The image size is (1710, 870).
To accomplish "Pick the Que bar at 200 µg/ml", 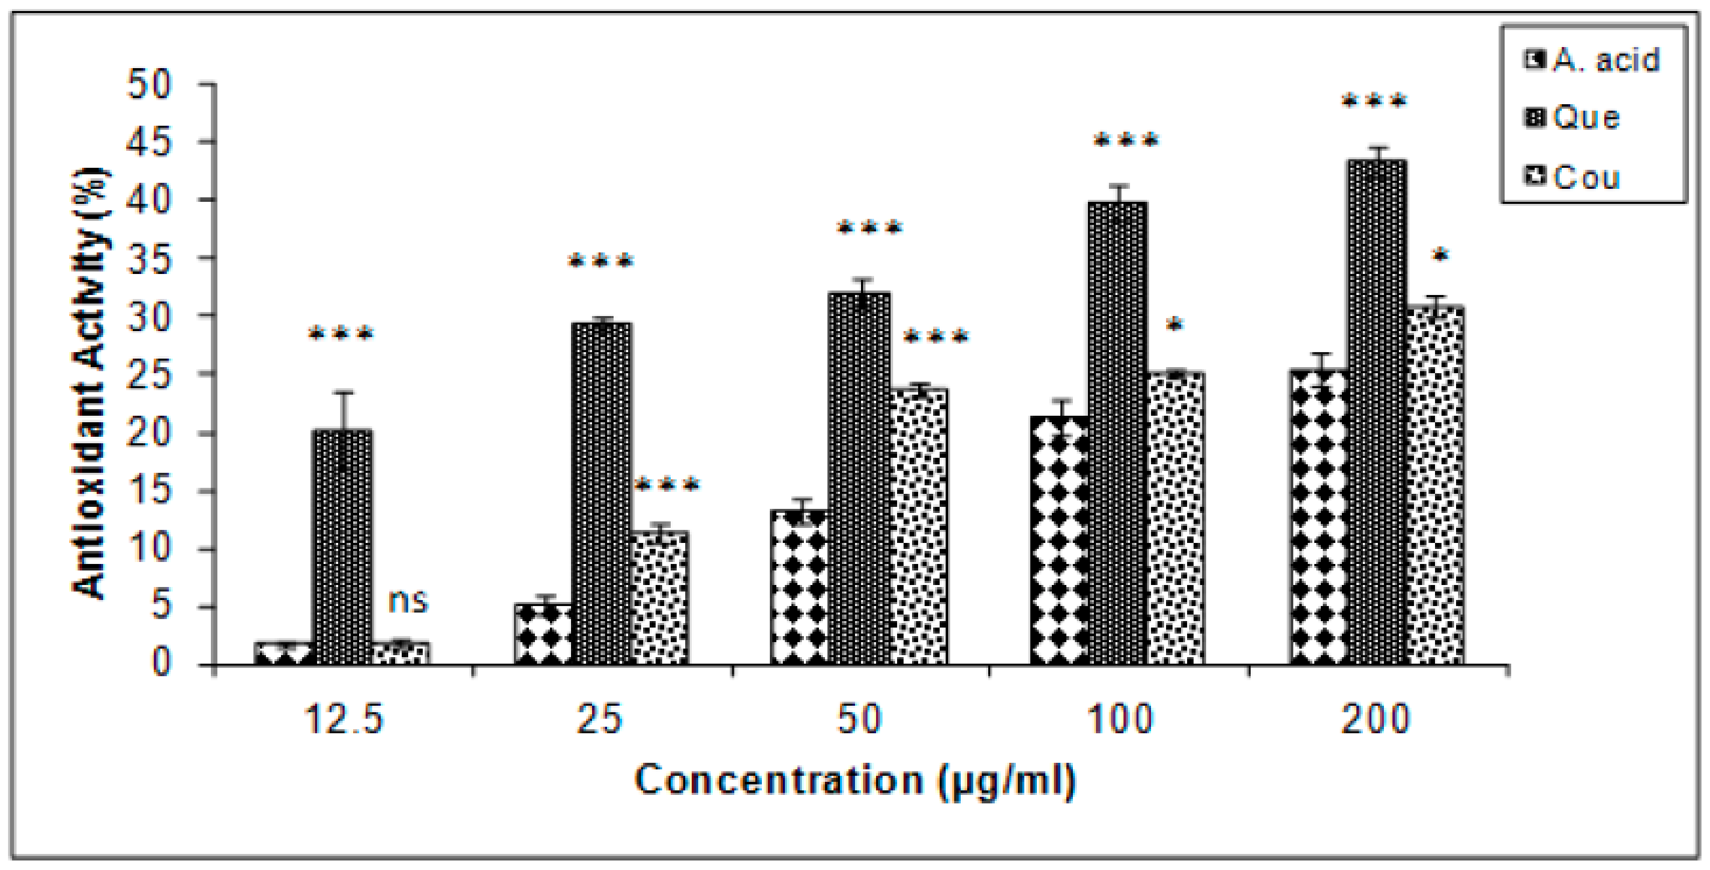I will (1377, 411).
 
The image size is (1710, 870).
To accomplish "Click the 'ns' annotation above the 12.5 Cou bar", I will (408, 601).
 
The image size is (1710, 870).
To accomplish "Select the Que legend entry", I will (1573, 118).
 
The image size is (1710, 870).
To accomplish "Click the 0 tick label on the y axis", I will (161, 663).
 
